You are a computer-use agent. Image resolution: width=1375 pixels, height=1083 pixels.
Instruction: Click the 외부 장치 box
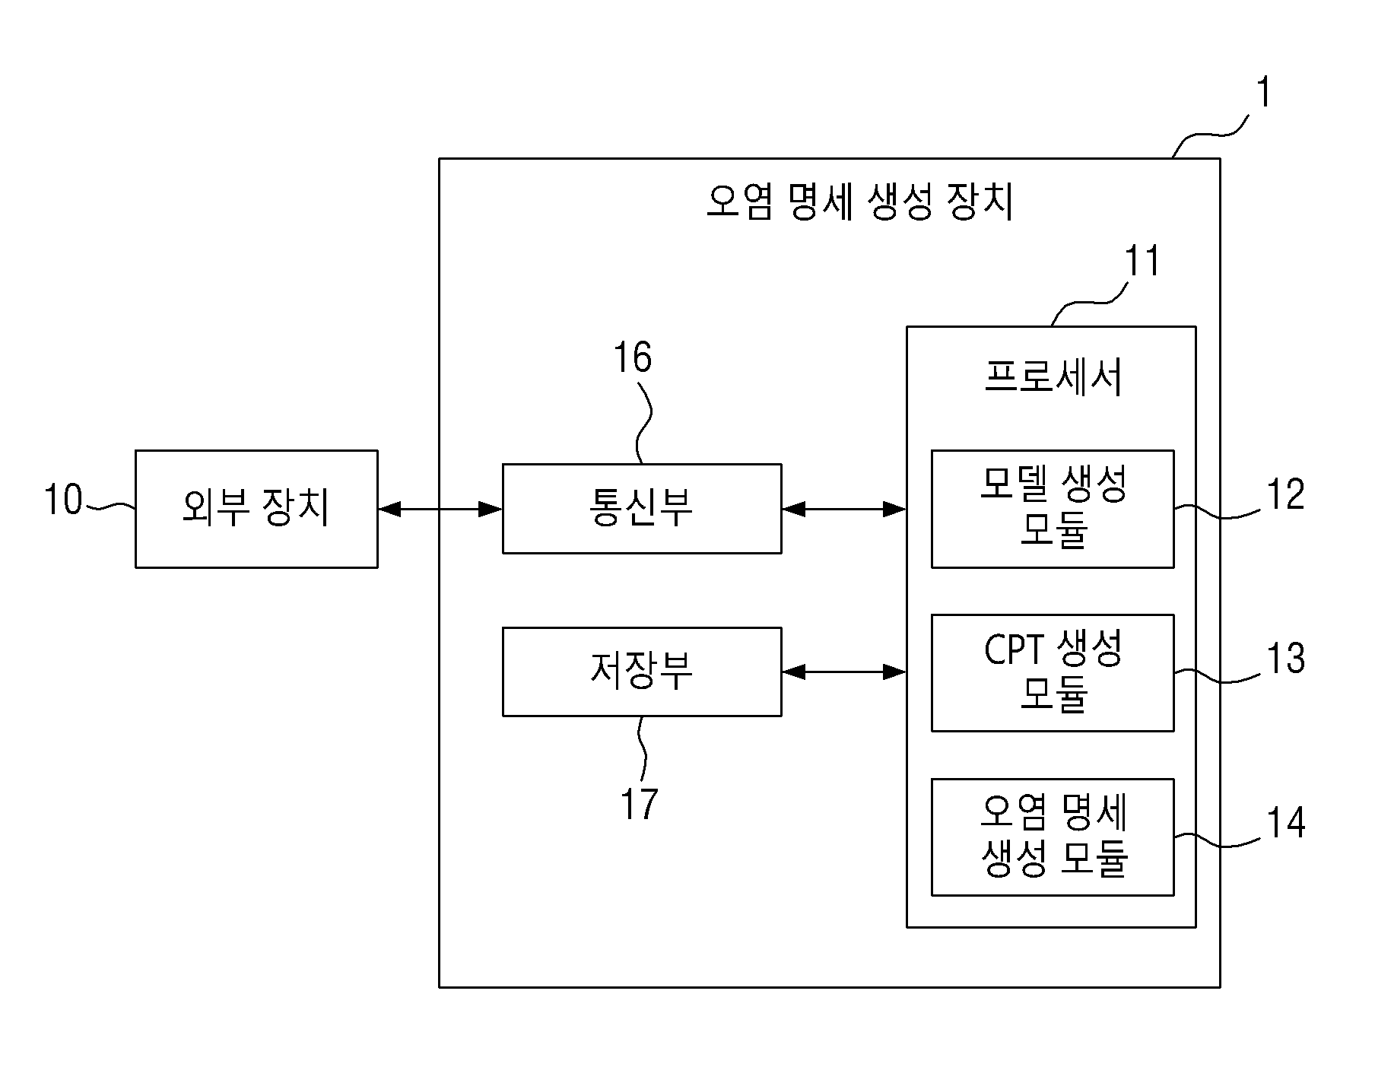(256, 509)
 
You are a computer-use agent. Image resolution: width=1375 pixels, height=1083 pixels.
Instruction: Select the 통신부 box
(642, 509)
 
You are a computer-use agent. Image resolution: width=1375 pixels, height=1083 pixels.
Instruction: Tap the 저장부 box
(642, 672)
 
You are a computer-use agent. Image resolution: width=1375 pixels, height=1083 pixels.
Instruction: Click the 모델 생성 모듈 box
(1053, 509)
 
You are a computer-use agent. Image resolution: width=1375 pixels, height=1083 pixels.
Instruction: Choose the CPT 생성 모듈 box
(1053, 672)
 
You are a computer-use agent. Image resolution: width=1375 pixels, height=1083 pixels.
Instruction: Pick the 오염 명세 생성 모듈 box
(1053, 837)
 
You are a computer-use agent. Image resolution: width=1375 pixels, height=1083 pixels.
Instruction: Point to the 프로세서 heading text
(1053, 376)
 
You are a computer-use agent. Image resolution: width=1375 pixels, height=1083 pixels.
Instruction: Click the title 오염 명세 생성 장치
(860, 203)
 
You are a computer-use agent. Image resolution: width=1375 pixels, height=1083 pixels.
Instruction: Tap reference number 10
(62, 500)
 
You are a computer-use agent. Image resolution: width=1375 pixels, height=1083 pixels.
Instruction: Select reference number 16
(633, 357)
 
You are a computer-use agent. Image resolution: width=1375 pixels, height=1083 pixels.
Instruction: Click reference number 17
(639, 803)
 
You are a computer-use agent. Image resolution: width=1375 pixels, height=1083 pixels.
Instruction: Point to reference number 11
(1142, 261)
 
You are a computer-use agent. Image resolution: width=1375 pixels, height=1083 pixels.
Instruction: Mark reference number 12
(1285, 494)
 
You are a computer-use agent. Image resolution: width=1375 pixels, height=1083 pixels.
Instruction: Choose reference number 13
(1285, 658)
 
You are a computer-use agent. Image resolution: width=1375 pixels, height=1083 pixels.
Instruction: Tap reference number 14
(1285, 822)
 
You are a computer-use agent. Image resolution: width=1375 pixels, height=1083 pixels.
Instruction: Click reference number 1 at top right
(1262, 94)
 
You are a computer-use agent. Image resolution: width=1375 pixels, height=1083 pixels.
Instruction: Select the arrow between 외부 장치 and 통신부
(440, 509)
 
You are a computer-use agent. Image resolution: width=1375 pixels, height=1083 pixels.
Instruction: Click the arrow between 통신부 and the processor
(844, 509)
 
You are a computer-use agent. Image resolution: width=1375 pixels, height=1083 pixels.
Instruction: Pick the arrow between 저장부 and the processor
(844, 672)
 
